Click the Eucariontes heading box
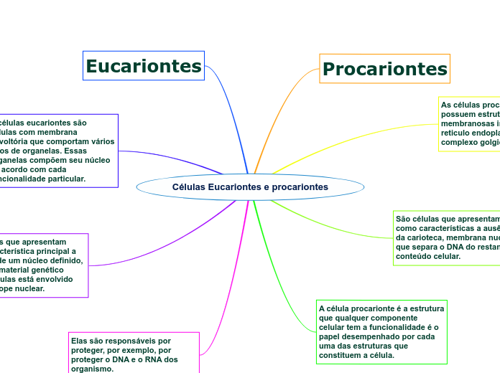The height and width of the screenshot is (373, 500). click(144, 67)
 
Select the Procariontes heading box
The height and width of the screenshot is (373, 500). click(384, 69)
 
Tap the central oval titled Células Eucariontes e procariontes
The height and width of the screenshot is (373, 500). click(250, 187)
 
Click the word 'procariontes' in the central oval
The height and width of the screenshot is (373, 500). click(301, 187)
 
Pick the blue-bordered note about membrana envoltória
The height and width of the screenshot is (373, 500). click(57, 151)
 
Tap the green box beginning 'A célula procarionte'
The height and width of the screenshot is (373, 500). click(381, 331)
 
